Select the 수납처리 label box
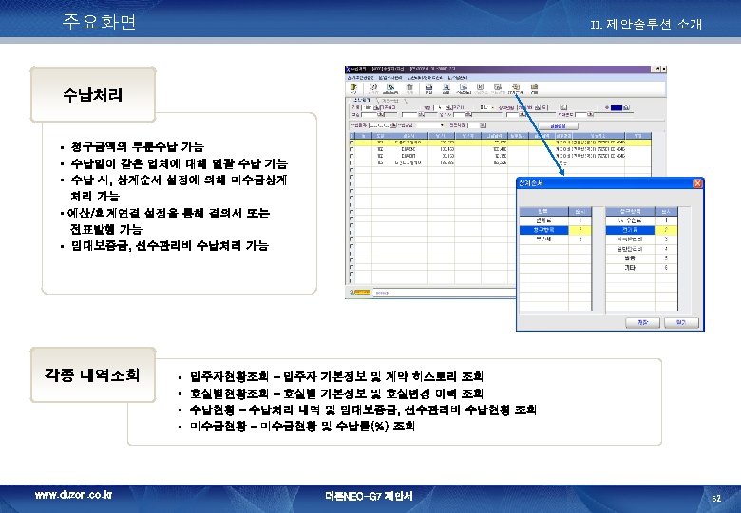[x=92, y=96]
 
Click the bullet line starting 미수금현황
[x=303, y=427]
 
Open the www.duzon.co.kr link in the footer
[x=73, y=496]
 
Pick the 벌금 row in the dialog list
[x=631, y=258]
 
